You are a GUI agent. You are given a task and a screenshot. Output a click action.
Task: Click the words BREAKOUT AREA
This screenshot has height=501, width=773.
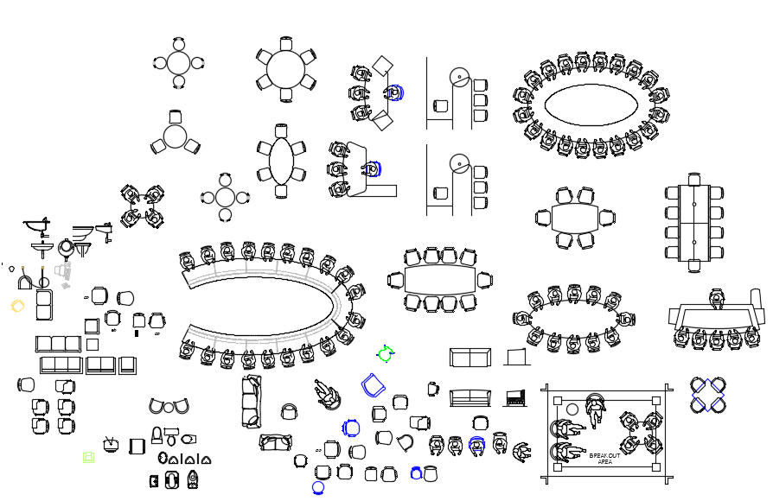(x=604, y=459)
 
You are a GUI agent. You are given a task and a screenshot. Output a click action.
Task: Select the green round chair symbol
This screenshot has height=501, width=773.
(x=385, y=353)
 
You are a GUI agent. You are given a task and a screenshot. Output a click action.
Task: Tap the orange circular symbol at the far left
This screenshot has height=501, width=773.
(x=17, y=306)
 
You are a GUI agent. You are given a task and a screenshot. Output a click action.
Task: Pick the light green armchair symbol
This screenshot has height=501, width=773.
(x=89, y=458)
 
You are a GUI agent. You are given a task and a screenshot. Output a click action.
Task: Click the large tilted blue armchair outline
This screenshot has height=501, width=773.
(x=374, y=384)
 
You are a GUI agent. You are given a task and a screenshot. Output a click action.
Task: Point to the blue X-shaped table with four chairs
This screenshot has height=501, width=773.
(x=708, y=395)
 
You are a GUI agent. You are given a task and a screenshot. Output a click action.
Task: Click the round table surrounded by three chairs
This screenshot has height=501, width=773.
(x=175, y=136)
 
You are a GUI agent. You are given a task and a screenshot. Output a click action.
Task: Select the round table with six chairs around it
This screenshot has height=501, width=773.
(x=286, y=69)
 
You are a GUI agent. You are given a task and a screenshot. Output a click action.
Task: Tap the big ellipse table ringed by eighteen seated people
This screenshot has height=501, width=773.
(x=591, y=105)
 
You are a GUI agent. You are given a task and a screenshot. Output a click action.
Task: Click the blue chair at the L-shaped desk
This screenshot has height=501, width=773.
(x=372, y=169)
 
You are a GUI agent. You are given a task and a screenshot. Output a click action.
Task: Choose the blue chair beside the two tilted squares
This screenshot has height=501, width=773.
(x=393, y=92)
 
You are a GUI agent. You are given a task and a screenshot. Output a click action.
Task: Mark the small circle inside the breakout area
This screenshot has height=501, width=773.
(x=572, y=409)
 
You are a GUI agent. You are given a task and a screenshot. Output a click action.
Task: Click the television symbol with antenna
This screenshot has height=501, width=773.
(x=111, y=444)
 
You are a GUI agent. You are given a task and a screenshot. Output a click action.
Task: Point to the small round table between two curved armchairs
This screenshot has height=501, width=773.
(x=169, y=408)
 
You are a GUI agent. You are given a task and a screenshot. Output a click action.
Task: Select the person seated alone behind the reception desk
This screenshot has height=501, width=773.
(x=716, y=299)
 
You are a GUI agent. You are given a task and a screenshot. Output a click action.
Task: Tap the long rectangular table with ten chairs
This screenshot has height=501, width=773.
(x=694, y=223)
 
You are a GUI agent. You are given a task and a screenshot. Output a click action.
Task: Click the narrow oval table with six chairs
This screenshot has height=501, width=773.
(x=282, y=161)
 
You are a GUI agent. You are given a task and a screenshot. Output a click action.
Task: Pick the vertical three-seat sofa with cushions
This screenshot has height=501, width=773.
(x=252, y=401)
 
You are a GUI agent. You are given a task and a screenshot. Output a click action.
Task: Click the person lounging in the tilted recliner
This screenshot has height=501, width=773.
(x=326, y=395)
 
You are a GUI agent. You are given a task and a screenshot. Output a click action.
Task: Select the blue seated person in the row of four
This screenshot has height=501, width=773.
(x=476, y=446)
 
